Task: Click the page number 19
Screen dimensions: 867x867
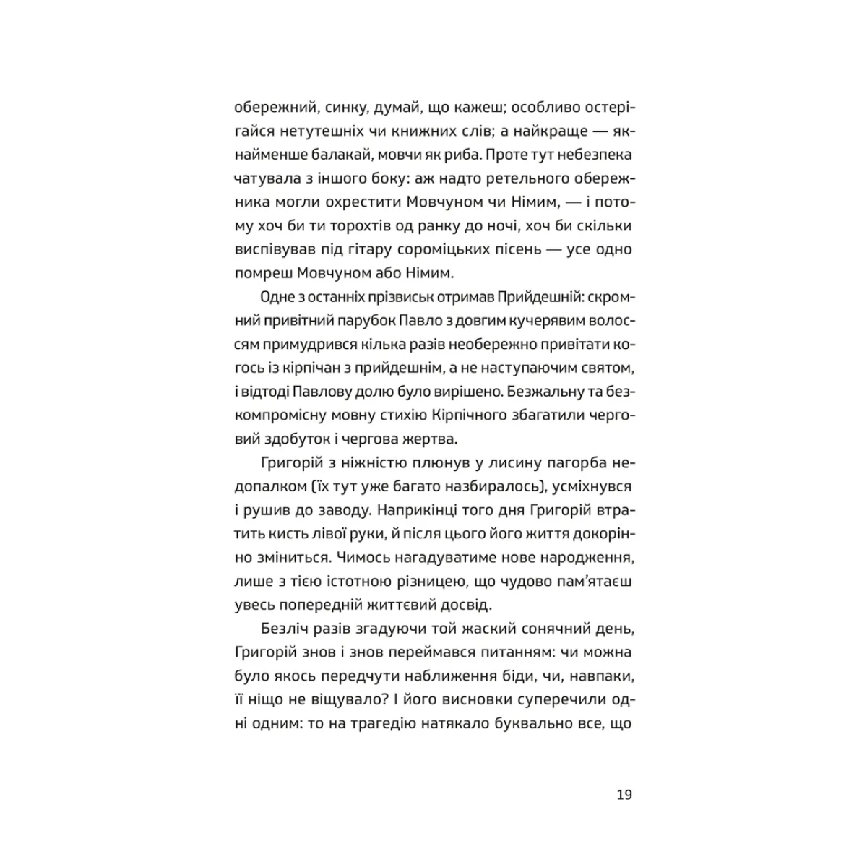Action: (x=625, y=795)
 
